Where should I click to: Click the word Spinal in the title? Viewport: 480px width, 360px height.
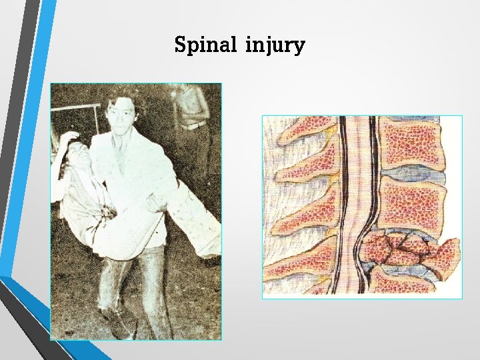(x=206, y=45)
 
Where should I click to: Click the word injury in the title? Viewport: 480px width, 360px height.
(x=275, y=47)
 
